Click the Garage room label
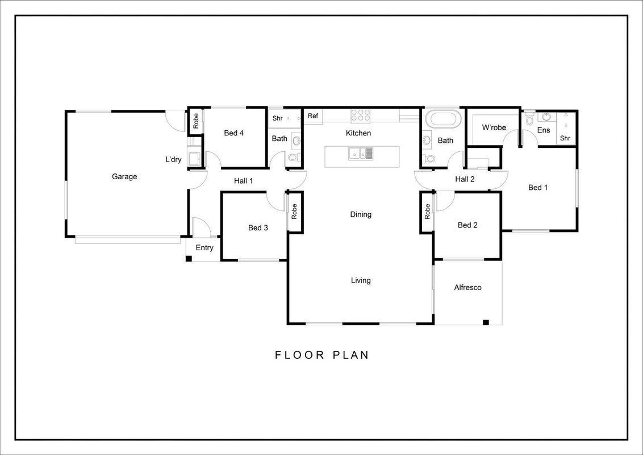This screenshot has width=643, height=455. point(124,176)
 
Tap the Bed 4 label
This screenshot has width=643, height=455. point(234,133)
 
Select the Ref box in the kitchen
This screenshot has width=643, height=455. point(313,116)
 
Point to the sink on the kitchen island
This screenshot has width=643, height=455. point(361,153)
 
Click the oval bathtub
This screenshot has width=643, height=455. point(443,119)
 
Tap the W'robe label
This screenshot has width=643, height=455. point(494,128)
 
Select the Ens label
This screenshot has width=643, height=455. point(544,130)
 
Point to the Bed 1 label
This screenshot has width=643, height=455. point(538,188)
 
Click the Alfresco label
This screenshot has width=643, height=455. point(467,287)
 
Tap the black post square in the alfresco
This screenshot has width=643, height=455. point(486,322)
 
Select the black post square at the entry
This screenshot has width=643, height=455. point(189,259)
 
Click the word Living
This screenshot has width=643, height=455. point(361,280)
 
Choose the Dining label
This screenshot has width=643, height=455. point(361,214)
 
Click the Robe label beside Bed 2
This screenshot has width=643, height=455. point(427,212)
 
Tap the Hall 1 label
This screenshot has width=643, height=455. point(244,181)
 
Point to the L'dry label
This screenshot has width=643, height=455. point(173,159)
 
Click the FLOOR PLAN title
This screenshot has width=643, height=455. point(322,355)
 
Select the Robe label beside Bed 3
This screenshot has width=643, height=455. point(294,212)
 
